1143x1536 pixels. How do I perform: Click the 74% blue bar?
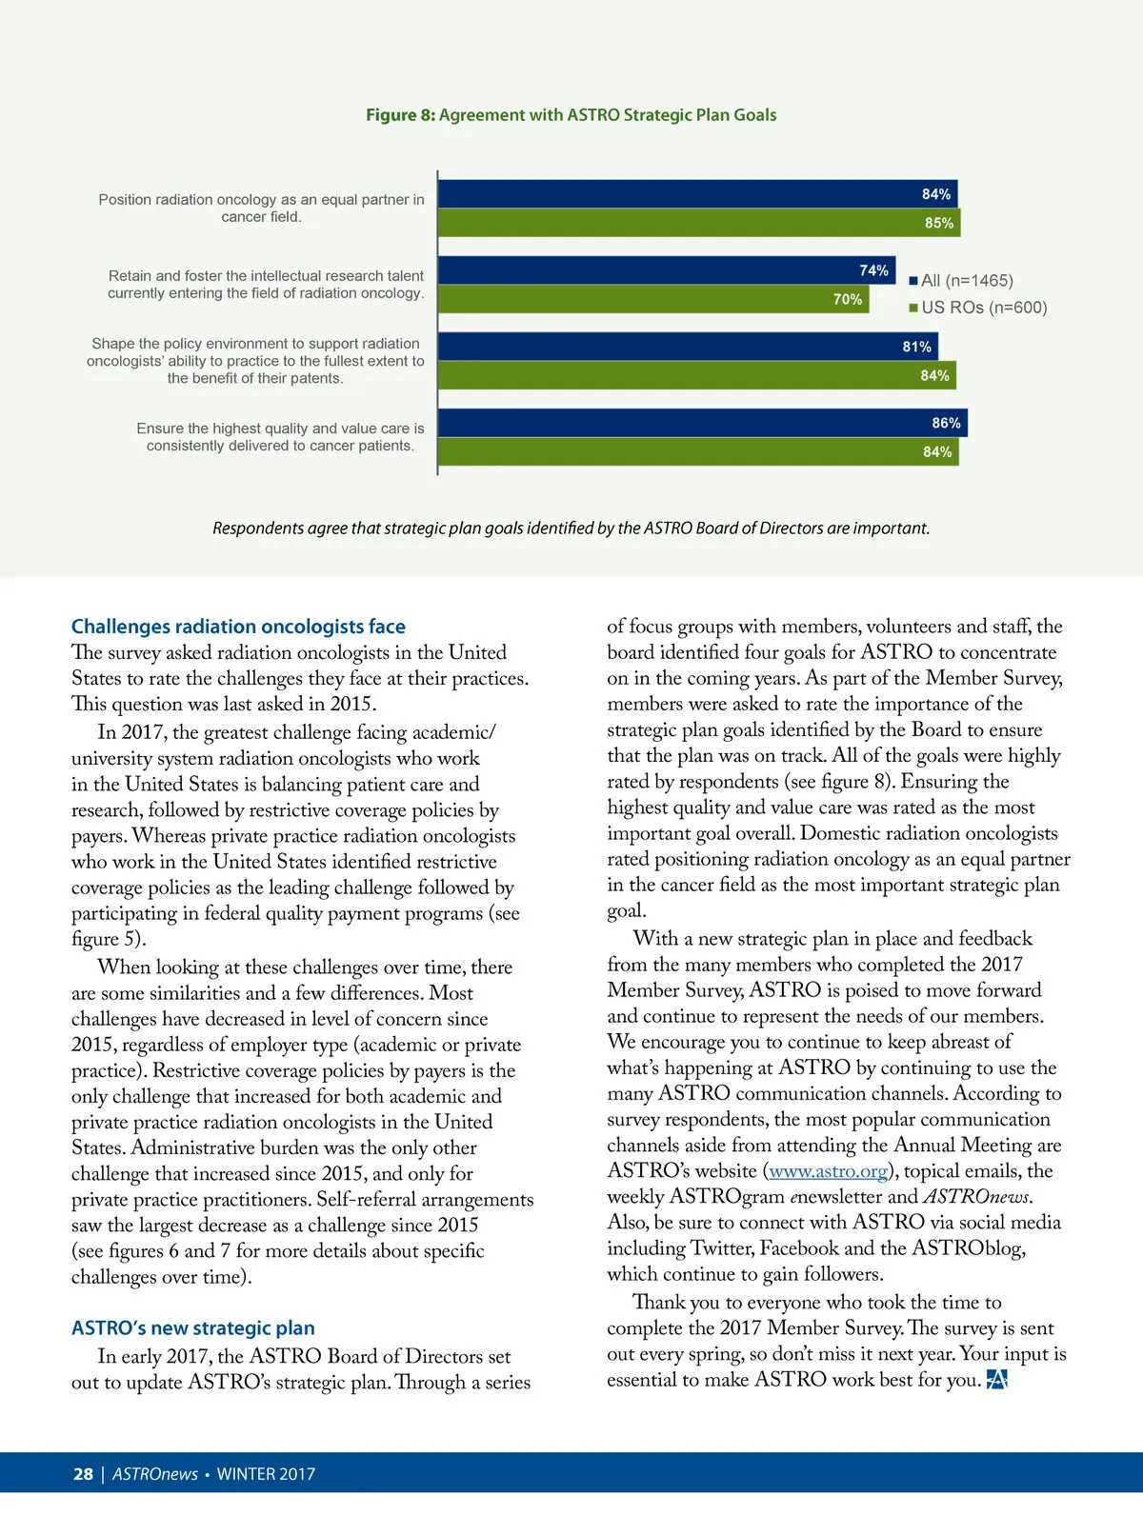[x=666, y=270]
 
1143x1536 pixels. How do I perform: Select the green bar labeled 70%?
[x=652, y=299]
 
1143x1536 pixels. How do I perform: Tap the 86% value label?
[x=946, y=423]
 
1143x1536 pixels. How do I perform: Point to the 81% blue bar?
[x=688, y=347]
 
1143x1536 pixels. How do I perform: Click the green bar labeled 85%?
[x=698, y=223]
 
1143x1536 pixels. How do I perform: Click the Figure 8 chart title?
[x=571, y=115]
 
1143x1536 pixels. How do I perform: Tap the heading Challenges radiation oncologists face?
[x=238, y=627]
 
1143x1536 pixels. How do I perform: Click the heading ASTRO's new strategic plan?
[x=192, y=1328]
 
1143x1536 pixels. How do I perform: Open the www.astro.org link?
[x=828, y=1171]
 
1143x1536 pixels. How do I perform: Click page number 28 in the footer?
[x=83, y=1474]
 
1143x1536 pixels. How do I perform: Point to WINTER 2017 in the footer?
[x=266, y=1474]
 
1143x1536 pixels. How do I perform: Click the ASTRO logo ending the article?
[x=996, y=1380]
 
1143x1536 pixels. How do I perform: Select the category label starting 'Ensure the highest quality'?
[x=280, y=437]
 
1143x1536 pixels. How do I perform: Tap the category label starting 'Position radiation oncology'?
[x=261, y=209]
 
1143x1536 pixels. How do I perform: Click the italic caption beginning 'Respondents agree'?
[x=571, y=529]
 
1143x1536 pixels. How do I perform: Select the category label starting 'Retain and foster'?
[x=266, y=285]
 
